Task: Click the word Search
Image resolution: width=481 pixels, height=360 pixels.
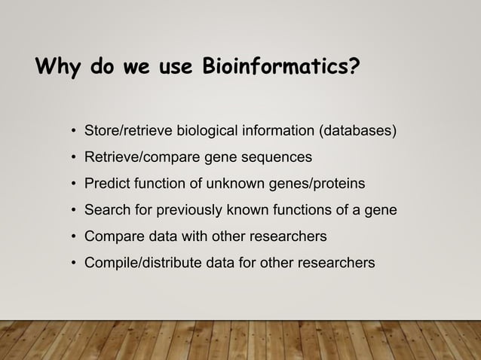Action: pos(106,210)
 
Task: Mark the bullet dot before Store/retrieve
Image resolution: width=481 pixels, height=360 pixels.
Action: pos(74,132)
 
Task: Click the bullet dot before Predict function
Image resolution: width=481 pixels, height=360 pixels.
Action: pos(74,185)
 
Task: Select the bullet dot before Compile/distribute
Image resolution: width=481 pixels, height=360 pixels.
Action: pos(74,264)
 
